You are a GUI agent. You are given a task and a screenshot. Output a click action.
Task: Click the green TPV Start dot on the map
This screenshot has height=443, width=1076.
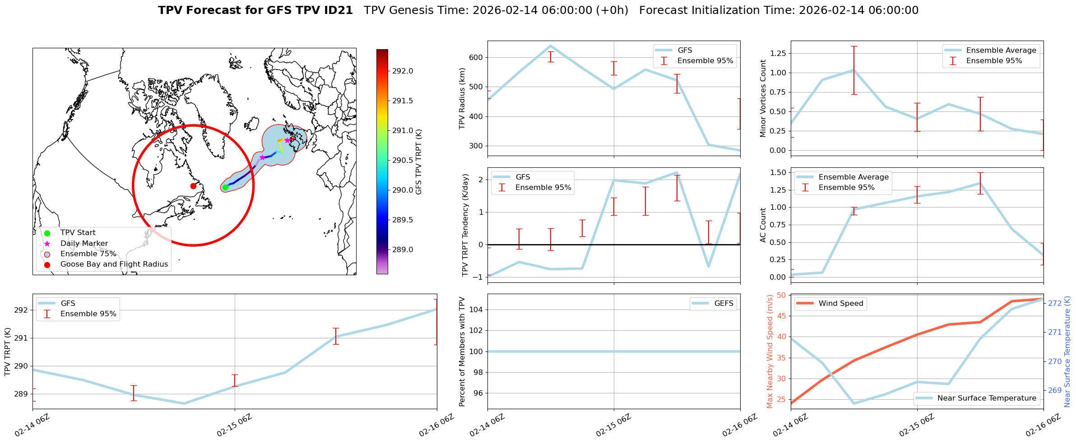tap(225, 187)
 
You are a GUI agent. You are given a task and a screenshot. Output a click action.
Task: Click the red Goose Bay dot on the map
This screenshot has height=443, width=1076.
tap(193, 186)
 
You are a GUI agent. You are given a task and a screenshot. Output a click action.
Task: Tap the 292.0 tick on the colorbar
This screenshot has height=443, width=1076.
tap(402, 71)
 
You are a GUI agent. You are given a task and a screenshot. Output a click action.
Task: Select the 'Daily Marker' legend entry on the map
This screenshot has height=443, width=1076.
tap(84, 244)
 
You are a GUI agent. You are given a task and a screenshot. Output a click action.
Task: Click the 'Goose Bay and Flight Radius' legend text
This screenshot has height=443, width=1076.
tap(114, 264)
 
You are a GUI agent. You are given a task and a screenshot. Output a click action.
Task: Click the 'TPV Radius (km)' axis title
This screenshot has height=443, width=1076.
tap(462, 98)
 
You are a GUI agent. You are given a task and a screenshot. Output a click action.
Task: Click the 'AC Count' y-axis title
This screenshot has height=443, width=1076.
tap(763, 225)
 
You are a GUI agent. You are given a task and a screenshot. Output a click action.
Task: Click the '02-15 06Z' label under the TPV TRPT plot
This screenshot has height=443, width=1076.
tap(234, 425)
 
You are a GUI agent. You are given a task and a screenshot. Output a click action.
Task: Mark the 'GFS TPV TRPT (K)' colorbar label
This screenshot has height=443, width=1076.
tap(419, 162)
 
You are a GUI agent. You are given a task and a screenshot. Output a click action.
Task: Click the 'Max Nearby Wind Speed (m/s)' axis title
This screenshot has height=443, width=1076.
tap(770, 351)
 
